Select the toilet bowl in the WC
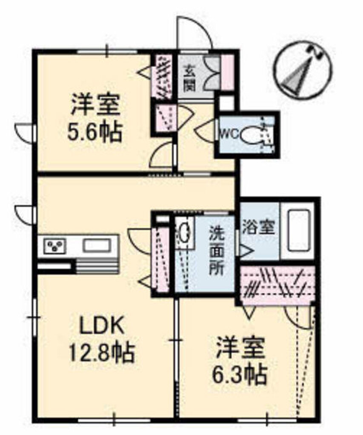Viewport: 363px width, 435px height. click(249, 136)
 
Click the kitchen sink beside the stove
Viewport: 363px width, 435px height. click(97, 245)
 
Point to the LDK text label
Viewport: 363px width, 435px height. click(102, 327)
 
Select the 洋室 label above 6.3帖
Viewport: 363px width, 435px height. click(240, 349)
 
